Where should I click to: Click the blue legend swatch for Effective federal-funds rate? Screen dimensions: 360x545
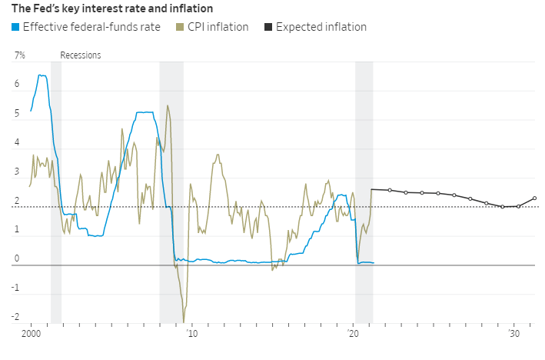(15, 28)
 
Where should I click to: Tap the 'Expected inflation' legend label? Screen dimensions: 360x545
(321, 28)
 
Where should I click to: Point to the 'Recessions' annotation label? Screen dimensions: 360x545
(80, 55)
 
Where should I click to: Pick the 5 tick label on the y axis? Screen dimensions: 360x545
(18, 114)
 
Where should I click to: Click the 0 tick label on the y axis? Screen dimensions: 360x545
(18, 259)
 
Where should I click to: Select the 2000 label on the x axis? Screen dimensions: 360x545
(31, 335)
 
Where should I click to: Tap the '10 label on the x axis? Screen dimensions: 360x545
(191, 335)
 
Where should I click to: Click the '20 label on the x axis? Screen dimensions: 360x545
(353, 335)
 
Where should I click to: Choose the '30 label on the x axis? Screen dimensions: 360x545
(514, 335)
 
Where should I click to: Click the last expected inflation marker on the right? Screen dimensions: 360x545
(535, 198)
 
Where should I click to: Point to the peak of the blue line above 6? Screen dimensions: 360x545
(40, 75)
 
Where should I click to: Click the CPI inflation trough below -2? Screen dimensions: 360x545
(184, 322)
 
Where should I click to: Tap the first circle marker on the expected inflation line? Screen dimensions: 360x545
(390, 190)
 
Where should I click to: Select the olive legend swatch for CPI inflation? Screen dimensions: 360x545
(180, 28)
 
